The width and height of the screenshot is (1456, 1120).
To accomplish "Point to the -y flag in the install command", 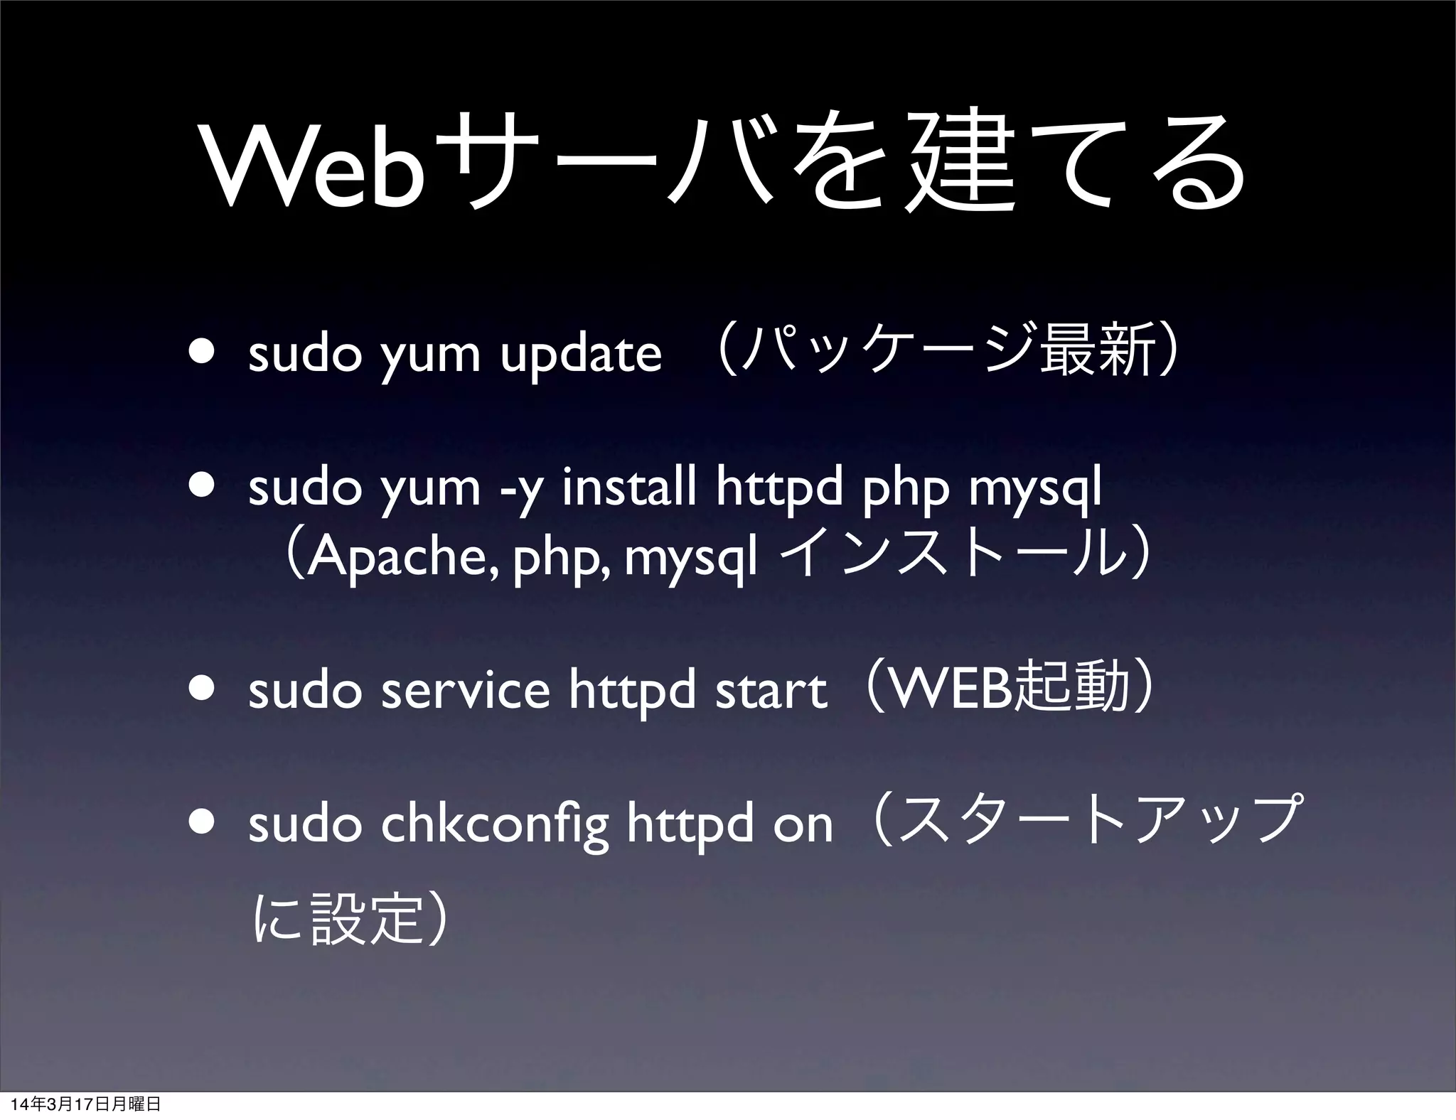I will pos(518,488).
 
